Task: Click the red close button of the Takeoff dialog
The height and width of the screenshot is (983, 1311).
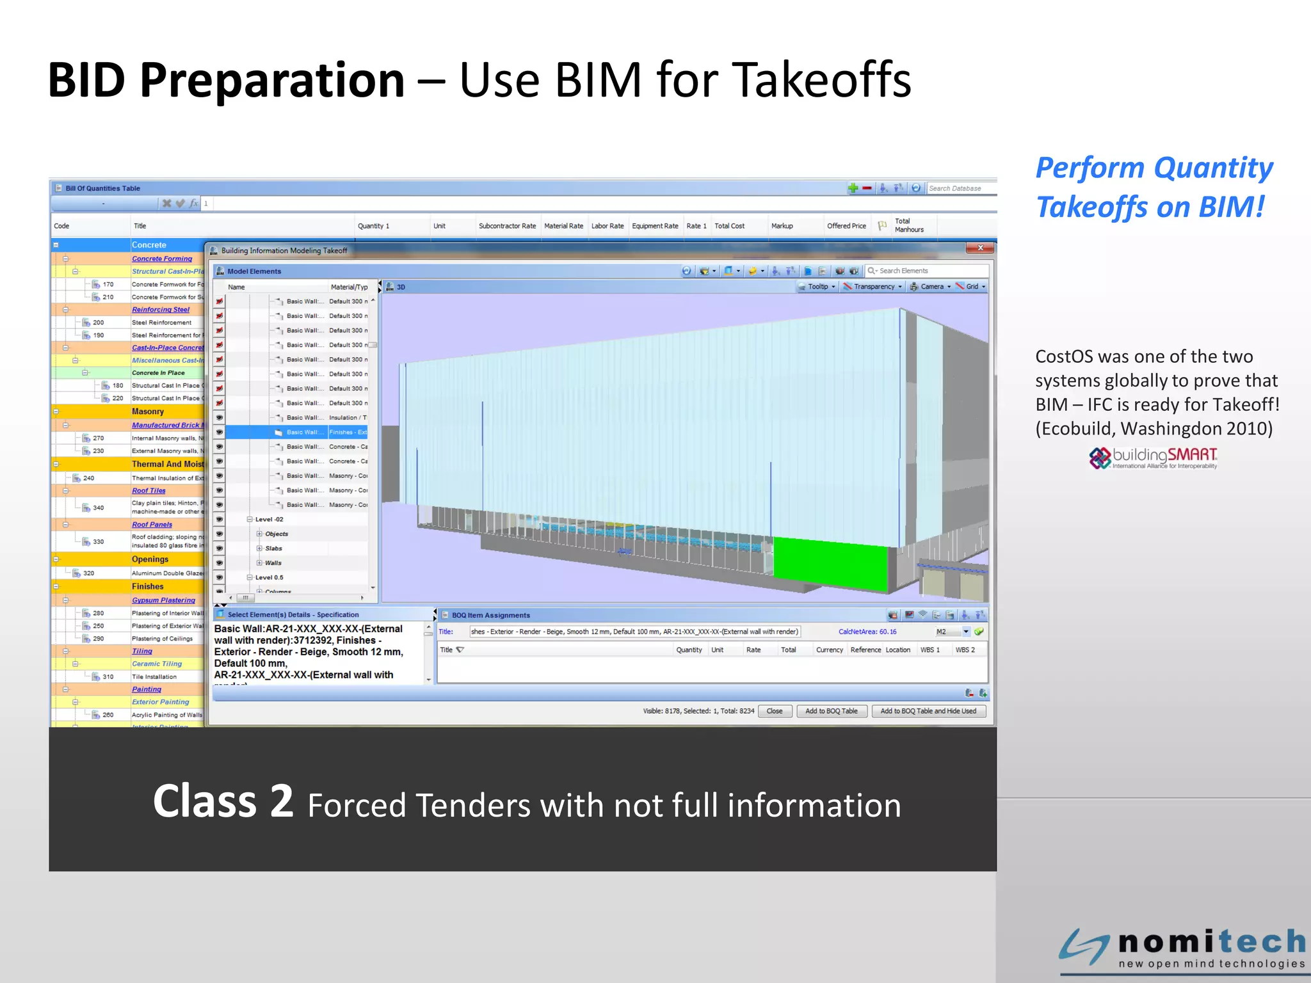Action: pyautogui.click(x=980, y=248)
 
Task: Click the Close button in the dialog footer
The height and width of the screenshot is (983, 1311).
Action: pyautogui.click(x=775, y=711)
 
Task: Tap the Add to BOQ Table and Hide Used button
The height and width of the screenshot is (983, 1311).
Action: pyautogui.click(x=928, y=711)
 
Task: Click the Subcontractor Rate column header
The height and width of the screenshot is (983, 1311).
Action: pyautogui.click(x=507, y=226)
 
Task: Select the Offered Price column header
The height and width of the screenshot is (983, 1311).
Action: pyautogui.click(x=846, y=226)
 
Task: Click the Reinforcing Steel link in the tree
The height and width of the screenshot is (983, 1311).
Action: pyautogui.click(x=161, y=310)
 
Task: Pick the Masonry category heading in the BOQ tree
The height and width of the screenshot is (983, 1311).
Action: pyautogui.click(x=148, y=412)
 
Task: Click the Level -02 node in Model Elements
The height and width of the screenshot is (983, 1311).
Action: pyautogui.click(x=269, y=519)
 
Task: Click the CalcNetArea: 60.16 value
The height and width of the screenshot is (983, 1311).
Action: pyautogui.click(x=867, y=632)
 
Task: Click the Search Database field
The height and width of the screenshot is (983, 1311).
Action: pyautogui.click(x=960, y=188)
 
